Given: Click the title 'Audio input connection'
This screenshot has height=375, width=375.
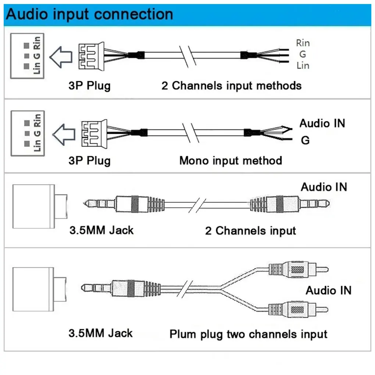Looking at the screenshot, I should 89,14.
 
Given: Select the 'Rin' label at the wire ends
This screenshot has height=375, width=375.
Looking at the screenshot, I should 303,43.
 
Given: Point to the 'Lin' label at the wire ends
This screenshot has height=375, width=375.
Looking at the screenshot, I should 303,65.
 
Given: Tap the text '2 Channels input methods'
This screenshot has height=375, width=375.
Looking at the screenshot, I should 231,86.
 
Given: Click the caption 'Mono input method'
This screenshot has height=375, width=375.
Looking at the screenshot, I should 231,161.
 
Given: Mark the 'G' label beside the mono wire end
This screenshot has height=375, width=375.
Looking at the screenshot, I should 305,140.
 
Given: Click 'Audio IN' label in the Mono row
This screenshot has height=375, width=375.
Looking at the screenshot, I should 322,123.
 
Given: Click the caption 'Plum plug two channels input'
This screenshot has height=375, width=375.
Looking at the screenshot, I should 248,334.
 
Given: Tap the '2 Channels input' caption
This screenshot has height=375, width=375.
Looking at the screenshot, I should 250,231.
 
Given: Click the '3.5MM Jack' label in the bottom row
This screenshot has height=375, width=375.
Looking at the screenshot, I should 100,333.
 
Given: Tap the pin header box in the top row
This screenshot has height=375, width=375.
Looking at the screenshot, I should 27,56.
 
